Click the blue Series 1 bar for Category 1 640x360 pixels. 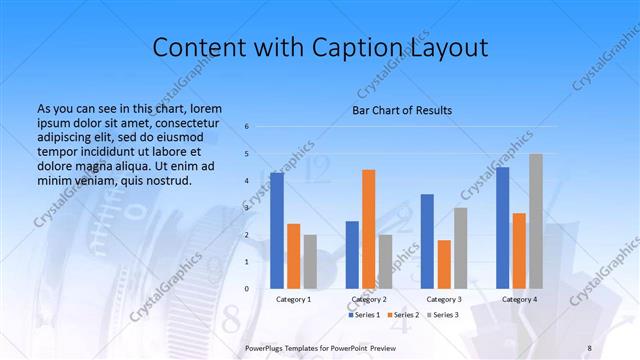[277, 230]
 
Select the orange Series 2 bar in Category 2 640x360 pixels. [368, 229]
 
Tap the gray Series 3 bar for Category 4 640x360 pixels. [535, 221]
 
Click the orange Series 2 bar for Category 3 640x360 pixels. [444, 264]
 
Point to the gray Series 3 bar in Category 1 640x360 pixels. [310, 261]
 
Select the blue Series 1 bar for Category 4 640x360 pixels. [502, 227]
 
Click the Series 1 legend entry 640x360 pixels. [363, 315]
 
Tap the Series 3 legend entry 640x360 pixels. [443, 315]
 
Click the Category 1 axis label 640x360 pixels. [294, 299]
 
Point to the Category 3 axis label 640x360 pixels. [444, 299]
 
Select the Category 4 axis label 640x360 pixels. [519, 299]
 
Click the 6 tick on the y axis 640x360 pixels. [246, 127]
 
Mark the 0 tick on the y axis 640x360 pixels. [246, 288]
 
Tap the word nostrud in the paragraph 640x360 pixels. [166, 180]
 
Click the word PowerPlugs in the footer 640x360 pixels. [267, 347]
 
